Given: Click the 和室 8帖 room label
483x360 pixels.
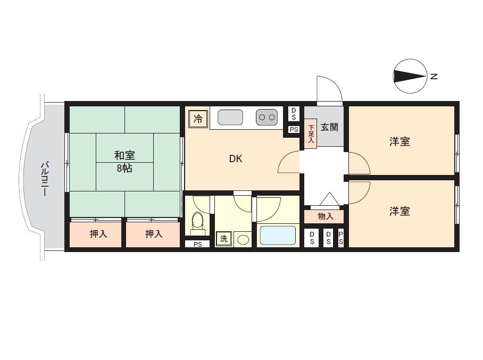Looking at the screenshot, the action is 124,162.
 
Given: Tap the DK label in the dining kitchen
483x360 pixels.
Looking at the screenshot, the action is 236,158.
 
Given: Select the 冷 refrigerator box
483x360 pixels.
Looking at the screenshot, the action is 198,119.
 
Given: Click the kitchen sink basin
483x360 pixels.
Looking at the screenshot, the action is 230,118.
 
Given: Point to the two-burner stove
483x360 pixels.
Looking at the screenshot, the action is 267,118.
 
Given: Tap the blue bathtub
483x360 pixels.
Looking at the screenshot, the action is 278,236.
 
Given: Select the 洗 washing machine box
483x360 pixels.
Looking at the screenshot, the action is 223,238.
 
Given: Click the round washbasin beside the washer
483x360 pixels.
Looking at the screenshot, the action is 243,239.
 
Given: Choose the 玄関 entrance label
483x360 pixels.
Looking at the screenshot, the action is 330,127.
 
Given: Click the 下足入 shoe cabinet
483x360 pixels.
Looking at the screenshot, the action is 311,133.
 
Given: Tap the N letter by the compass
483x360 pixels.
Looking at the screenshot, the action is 434,76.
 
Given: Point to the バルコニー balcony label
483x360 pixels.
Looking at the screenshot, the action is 44,179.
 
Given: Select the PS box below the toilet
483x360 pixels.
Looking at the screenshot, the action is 197,244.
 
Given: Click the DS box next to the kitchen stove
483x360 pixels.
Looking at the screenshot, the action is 294,114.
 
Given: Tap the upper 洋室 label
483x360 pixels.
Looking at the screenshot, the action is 399,141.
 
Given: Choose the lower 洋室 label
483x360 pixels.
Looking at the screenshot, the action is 399,211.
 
